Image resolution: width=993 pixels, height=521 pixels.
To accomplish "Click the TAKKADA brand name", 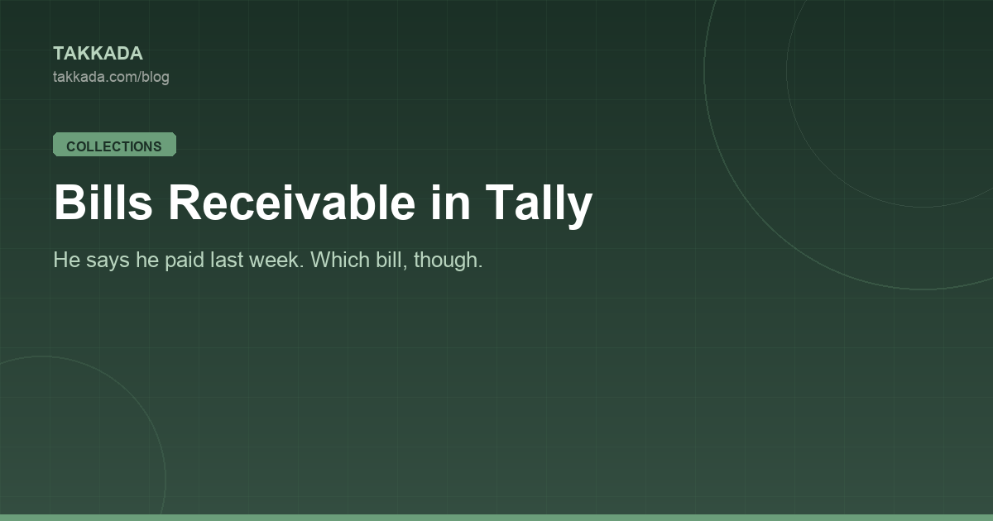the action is click(x=98, y=54).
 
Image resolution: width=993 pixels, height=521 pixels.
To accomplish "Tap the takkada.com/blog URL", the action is click(x=111, y=77).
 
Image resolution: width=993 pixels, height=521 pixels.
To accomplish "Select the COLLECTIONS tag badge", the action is click(x=114, y=145).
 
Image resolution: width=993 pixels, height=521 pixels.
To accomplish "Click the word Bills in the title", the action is click(x=103, y=202).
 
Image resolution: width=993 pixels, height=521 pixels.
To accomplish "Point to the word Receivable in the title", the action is click(x=291, y=202).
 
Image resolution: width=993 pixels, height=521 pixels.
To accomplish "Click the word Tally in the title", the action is click(x=539, y=205).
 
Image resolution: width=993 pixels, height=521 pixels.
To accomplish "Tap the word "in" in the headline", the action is click(x=450, y=202).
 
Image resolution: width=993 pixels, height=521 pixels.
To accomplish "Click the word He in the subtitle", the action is click(x=66, y=260).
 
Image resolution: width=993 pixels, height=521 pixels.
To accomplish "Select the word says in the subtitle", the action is click(x=108, y=262).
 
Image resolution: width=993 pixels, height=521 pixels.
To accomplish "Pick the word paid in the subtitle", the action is click(x=184, y=261).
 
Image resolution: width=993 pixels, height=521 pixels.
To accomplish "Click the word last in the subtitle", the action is click(x=226, y=260).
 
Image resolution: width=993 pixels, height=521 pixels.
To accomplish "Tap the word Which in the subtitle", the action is click(x=339, y=260).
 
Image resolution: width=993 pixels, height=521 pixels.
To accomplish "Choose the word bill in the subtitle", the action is click(x=389, y=260).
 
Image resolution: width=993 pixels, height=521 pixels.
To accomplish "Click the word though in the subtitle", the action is click(x=446, y=261).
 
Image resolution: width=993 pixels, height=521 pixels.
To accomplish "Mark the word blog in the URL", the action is click(x=156, y=78).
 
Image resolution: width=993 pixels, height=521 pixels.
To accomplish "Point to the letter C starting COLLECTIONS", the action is click(x=71, y=146).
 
